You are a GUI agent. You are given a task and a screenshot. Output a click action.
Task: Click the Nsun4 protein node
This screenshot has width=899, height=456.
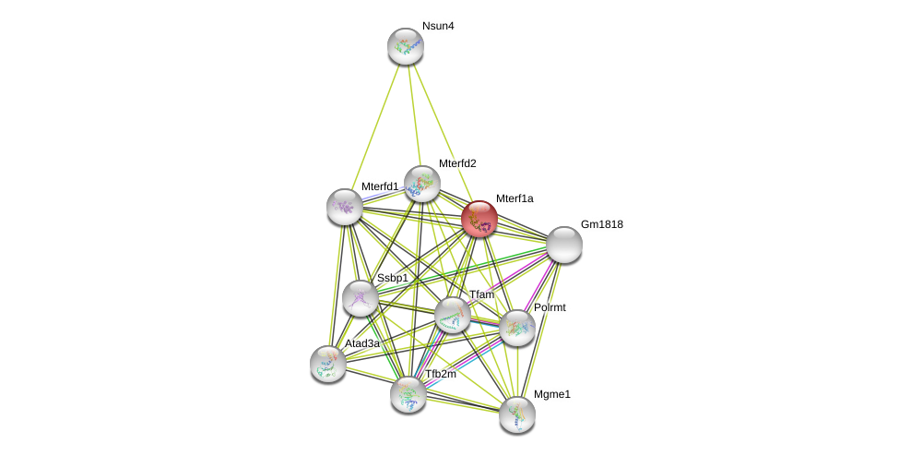[405, 46]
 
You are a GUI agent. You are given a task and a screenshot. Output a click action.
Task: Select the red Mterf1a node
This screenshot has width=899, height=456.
[479, 219]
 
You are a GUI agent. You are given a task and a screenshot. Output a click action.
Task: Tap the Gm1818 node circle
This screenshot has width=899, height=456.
[563, 245]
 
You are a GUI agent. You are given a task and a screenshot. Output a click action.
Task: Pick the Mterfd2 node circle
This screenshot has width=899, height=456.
[422, 184]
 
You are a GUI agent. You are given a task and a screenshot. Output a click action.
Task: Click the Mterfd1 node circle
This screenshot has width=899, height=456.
[344, 207]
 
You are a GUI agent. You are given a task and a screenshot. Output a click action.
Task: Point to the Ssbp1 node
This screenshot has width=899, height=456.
[360, 298]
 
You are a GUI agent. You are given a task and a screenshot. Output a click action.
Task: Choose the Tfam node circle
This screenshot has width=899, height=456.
[453, 315]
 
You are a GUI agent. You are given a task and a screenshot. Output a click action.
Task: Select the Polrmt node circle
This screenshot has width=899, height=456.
[517, 328]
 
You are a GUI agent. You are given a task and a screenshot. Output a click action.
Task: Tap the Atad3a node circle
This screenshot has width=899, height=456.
[328, 364]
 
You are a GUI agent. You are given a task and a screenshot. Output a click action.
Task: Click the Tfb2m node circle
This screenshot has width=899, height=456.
[408, 394]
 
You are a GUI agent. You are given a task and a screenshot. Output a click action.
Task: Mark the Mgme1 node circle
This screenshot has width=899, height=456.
[517, 414]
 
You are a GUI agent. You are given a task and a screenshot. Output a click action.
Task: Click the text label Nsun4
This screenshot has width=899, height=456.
[438, 26]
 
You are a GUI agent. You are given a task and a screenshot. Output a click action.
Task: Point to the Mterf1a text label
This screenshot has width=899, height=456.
[514, 198]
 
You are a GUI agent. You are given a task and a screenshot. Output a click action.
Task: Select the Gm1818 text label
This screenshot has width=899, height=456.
[601, 224]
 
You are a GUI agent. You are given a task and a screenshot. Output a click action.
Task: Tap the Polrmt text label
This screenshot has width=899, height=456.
[550, 307]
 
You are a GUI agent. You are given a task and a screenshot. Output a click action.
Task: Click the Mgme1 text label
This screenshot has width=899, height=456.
[551, 394]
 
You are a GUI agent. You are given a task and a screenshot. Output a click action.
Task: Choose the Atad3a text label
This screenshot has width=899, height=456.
[362, 343]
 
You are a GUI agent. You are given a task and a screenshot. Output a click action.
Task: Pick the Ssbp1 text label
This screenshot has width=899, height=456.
[392, 278]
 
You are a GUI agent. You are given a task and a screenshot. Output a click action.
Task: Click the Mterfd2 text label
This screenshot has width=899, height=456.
[457, 163]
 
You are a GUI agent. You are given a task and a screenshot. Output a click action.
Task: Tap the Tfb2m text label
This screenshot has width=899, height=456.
[440, 374]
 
